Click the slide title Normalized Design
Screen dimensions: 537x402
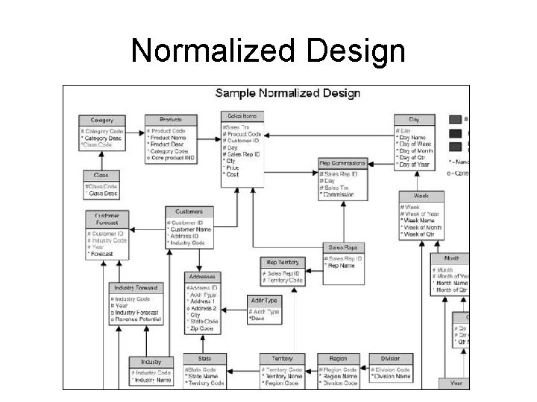click(268, 51)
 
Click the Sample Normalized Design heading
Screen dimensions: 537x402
click(287, 94)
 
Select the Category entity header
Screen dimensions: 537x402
click(102, 120)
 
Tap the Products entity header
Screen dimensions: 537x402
click(171, 120)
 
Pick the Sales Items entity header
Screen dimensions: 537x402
click(242, 117)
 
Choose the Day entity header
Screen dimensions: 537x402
click(415, 119)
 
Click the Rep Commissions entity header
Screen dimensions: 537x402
click(342, 163)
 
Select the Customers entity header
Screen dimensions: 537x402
click(189, 211)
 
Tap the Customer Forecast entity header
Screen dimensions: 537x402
click(107, 219)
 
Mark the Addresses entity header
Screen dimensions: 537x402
click(201, 275)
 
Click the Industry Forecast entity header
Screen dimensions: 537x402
click(136, 287)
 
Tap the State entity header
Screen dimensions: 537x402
click(204, 358)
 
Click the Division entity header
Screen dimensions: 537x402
click(390, 358)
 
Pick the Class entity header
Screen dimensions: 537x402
click(101, 176)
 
